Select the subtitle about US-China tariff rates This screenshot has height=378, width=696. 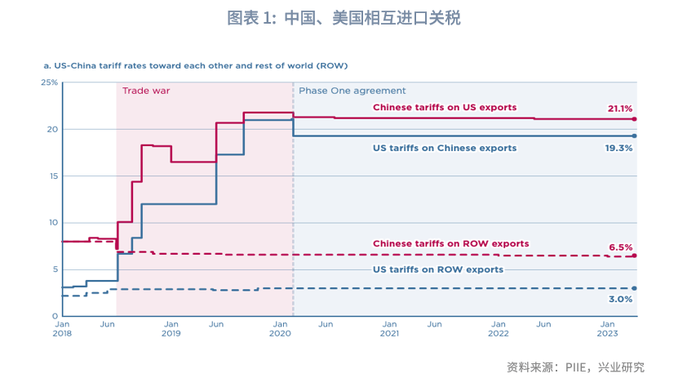(195, 64)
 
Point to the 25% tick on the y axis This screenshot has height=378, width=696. (49, 82)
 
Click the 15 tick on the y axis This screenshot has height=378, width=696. (53, 176)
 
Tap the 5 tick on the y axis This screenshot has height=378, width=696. (55, 269)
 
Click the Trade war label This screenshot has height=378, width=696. (146, 91)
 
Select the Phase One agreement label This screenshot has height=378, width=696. (352, 91)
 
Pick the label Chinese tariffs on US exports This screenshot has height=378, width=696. (445, 108)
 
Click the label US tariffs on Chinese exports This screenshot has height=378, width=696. (445, 149)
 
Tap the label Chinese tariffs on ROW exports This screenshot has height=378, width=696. (450, 243)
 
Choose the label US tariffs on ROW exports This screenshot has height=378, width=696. (438, 269)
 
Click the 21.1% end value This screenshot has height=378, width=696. (619, 109)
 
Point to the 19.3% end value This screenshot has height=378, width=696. (619, 149)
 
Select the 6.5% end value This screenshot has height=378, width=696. (620, 247)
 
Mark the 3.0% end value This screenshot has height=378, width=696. (620, 300)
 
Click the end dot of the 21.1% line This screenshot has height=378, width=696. (634, 119)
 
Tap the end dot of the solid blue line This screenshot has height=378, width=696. (634, 136)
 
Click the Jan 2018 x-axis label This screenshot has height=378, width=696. (62, 329)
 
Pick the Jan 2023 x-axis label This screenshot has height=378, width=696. (608, 329)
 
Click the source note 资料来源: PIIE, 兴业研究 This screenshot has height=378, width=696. (575, 367)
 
